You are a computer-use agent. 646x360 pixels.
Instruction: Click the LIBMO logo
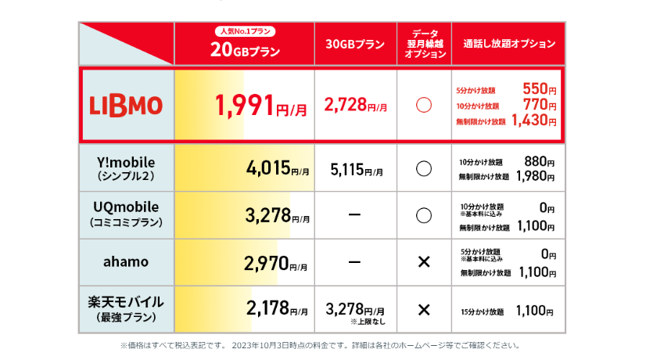pos(126,105)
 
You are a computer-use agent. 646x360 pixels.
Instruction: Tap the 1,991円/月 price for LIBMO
pos(254,106)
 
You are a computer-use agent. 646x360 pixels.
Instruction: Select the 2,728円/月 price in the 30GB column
pos(356,106)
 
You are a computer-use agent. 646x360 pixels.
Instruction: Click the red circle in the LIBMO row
pos(424,106)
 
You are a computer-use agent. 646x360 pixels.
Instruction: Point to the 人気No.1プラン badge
pos(244,32)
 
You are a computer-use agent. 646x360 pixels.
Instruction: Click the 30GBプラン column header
pos(355,45)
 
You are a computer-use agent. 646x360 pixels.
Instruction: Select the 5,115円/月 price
pos(356,168)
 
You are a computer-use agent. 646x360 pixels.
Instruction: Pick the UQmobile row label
pos(127,214)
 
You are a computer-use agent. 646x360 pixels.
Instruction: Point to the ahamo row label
pos(127,261)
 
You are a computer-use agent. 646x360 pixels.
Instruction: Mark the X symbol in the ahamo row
pos(424,261)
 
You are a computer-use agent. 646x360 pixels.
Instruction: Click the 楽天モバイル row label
pos(127,308)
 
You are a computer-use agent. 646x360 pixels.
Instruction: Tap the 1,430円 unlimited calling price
pos(534,121)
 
